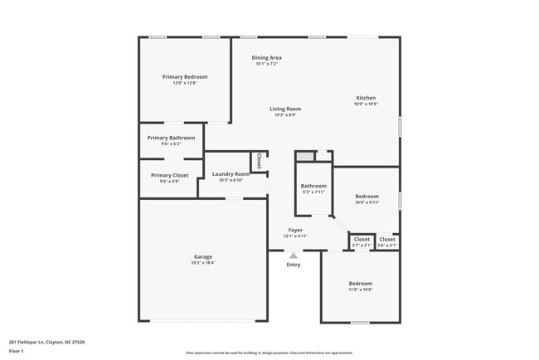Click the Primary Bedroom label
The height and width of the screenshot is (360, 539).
(184, 76)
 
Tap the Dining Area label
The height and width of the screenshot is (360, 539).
(268, 57)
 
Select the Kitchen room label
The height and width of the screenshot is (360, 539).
(366, 98)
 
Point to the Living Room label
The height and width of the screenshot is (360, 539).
(284, 109)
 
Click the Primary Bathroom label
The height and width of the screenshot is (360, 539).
(171, 138)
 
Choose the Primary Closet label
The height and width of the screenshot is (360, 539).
(169, 175)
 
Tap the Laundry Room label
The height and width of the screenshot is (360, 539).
(231, 173)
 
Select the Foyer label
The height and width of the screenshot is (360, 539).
(295, 230)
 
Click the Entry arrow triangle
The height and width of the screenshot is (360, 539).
(294, 255)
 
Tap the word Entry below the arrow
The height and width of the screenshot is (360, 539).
(294, 265)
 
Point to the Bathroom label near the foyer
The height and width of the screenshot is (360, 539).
(313, 186)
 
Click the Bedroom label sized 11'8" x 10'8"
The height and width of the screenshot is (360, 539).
(360, 284)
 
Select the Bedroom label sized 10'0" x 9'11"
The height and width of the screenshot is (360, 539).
(367, 197)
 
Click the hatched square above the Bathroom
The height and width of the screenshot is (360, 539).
(306, 156)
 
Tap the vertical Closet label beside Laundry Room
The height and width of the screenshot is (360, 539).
(260, 161)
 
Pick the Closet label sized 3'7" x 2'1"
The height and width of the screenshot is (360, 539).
(362, 239)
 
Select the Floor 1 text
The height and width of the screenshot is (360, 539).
(17, 351)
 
